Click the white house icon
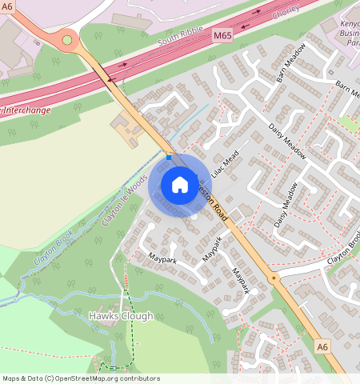point(180,185)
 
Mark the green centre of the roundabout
point(66,39)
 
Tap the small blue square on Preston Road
point(169,158)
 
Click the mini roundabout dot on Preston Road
point(274,278)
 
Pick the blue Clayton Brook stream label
point(54,248)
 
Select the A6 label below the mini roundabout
point(322,346)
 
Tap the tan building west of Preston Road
point(128,126)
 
